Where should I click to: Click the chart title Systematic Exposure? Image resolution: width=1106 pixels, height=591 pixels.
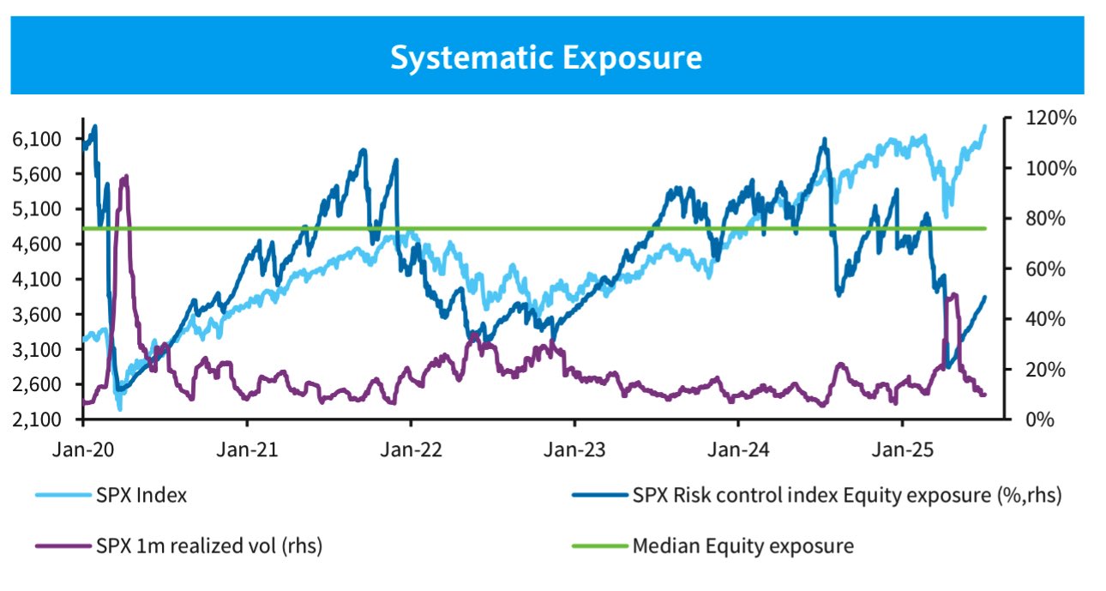546,57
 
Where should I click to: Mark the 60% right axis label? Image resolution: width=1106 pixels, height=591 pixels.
1040,268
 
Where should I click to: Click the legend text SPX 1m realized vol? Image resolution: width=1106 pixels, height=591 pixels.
210,545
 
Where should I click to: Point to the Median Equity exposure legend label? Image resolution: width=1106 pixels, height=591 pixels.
742,545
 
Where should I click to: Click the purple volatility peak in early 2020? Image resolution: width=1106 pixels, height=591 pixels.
126,177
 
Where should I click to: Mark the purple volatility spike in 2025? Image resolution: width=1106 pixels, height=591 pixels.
953,295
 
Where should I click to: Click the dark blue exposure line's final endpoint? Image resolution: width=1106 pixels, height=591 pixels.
985,297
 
